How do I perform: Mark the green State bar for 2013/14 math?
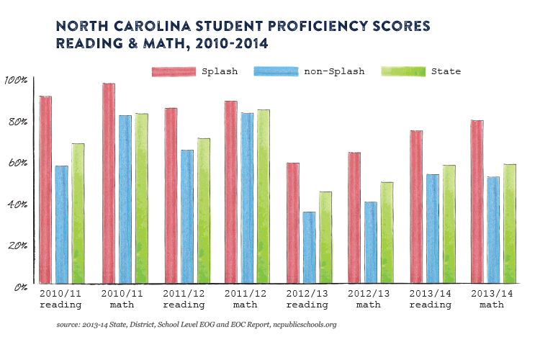click(510, 223)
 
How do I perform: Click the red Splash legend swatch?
click(174, 71)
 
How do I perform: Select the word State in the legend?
click(446, 71)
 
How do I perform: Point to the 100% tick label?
click(15, 80)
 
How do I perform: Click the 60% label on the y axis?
click(16, 163)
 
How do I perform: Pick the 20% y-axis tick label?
click(16, 246)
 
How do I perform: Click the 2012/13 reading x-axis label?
click(310, 300)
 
